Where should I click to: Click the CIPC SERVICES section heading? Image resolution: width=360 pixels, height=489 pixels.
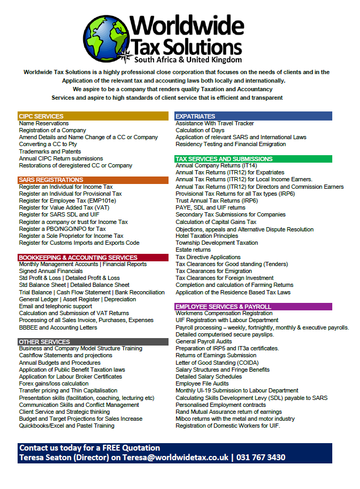coord(41,116)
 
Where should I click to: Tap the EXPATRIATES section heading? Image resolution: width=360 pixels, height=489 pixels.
coord(195,116)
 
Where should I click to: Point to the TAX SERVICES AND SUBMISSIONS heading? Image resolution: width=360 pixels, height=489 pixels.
coord(224,159)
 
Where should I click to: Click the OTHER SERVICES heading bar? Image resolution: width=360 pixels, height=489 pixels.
coord(44,342)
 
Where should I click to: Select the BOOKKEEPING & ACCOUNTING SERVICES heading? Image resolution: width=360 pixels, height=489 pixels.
coord(78,258)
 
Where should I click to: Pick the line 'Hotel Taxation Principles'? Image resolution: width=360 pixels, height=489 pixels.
coord(207,236)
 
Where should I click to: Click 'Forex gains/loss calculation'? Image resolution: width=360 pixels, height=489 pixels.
coord(54,383)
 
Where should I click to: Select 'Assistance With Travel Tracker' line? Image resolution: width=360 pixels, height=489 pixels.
coord(215,123)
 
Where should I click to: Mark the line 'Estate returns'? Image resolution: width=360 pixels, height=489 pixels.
coord(193,250)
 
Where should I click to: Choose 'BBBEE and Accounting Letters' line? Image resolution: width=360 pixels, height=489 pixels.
coord(58,327)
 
